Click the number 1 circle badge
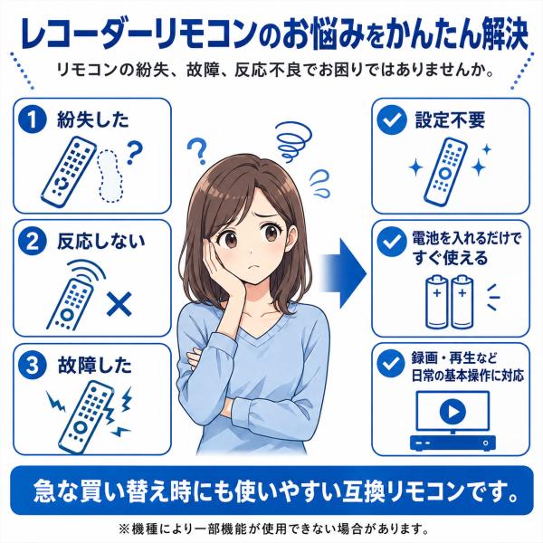point(33,119)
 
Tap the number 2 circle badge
point(33,241)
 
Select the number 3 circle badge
point(33,365)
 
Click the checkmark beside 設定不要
point(392,119)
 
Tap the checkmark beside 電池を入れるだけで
point(392,242)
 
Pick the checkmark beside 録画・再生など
point(392,363)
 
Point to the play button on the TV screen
point(452,412)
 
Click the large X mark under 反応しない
point(119,304)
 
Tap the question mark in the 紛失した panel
point(134,152)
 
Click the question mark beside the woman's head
point(197,150)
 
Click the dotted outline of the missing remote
point(110,176)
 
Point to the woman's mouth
point(254,267)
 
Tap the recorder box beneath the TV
point(452,443)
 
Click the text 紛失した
point(93,119)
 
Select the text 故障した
point(94,366)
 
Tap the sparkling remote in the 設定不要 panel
point(445,171)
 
